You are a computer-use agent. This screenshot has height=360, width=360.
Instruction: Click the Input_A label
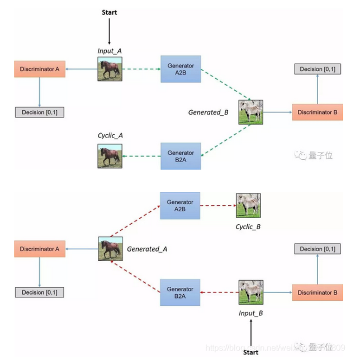pos(110,51)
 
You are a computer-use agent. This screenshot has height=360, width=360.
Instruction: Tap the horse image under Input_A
pos(110,69)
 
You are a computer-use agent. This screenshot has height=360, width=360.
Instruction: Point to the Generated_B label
pos(208,112)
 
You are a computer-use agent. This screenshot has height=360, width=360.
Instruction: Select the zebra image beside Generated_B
pos(250,112)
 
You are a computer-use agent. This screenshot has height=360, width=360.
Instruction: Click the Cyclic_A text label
pos(110,135)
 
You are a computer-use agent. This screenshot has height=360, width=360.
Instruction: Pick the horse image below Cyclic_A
pos(110,155)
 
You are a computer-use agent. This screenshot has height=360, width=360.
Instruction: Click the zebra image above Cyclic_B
pos(248,205)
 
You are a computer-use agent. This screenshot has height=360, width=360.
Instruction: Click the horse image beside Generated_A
pos(110,248)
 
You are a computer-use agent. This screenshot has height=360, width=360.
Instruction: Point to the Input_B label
pos(250,313)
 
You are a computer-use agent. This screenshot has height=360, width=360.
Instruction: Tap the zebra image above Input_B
pos(250,292)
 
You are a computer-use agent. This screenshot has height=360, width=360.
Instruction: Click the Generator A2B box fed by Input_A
pos(181,69)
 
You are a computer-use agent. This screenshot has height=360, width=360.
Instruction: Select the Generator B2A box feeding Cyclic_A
pos(181,156)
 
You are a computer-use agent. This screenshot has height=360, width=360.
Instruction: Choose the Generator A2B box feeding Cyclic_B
pos(180,205)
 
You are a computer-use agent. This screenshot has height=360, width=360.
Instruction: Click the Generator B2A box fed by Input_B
pos(180,292)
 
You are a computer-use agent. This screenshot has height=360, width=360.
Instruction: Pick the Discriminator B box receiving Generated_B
pos(317,112)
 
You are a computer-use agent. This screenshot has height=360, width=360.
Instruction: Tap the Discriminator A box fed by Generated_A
pos(40,249)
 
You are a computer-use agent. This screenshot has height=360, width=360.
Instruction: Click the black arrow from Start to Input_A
pos(110,31)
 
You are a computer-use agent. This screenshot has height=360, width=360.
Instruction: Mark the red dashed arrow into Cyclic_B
pos(218,205)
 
